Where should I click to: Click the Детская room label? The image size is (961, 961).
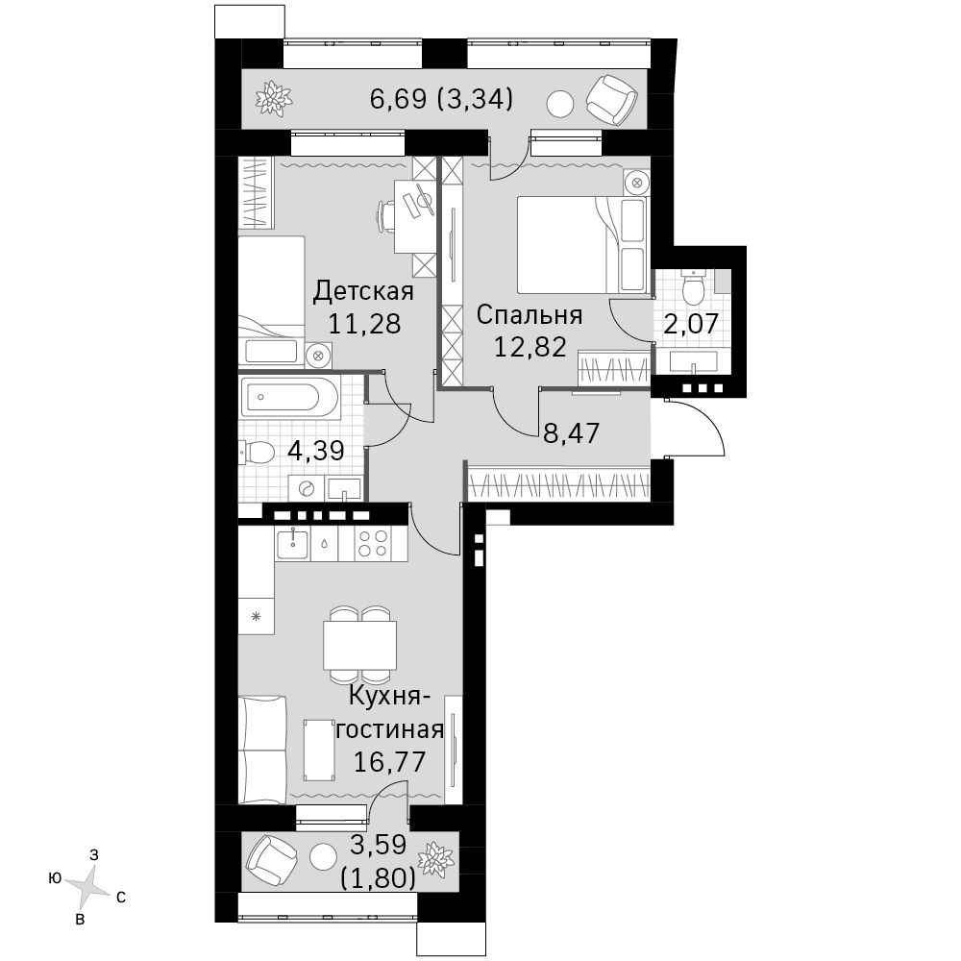(x=363, y=291)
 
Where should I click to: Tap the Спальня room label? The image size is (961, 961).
(x=530, y=315)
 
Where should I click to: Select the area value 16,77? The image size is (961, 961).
(x=390, y=762)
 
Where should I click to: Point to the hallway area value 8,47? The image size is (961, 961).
(x=571, y=433)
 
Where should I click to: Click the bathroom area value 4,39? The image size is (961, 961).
(x=315, y=452)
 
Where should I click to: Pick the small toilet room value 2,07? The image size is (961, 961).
(x=691, y=324)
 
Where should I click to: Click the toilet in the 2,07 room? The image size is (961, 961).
(x=695, y=287)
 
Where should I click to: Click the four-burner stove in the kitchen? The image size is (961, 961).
(x=373, y=544)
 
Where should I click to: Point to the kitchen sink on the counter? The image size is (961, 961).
(x=292, y=544)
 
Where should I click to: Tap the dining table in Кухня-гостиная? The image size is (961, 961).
(x=359, y=646)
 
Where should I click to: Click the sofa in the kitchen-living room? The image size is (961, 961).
(x=262, y=749)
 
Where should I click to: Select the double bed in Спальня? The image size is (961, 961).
(x=582, y=244)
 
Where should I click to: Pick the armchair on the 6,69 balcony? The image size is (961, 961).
(x=611, y=99)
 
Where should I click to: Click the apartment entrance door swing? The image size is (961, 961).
(x=695, y=428)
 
